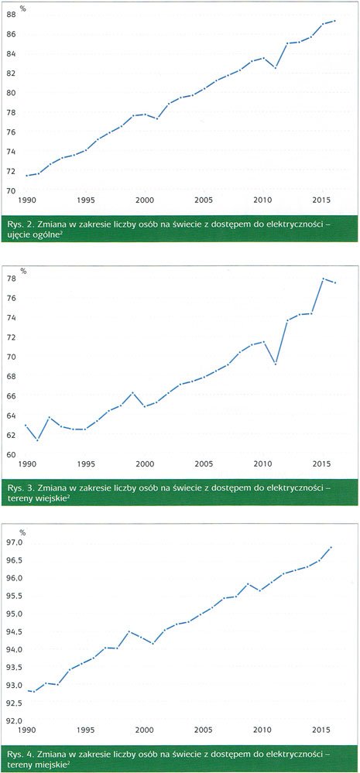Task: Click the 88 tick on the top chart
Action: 12,15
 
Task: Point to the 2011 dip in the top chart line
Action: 276,67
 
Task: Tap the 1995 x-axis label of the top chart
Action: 85,200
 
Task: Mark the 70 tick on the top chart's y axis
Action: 12,191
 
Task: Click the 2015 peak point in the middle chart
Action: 323,279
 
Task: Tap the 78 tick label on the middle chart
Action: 12,279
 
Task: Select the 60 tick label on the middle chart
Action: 12,454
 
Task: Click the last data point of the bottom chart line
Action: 331,547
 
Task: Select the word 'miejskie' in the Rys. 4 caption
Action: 49,764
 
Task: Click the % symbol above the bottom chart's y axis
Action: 22,532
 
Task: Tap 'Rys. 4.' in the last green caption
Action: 19,754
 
